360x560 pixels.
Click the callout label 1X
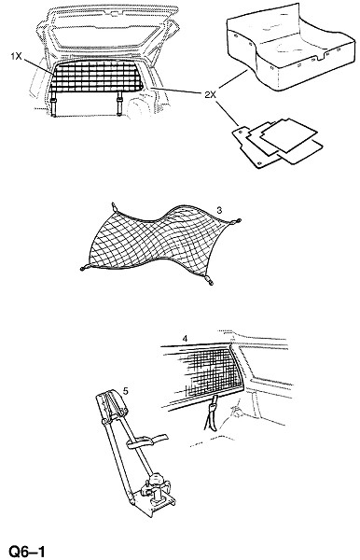coord(16,56)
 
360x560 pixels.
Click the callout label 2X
coord(211,94)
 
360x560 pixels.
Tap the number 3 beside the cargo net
coord(219,210)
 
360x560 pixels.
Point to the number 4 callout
coord(185,338)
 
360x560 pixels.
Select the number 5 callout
coord(125,391)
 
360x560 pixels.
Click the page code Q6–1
coord(27,552)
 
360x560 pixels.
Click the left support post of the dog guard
coord(53,104)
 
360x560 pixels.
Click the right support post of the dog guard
coord(119,103)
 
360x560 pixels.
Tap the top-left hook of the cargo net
coord(115,207)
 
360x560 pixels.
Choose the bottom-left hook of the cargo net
coord(85,268)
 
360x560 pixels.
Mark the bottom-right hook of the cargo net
coord(210,281)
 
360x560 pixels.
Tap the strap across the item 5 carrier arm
coord(147,441)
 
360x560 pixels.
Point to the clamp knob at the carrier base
coord(156,480)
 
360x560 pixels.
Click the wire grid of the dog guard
coord(96,77)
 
